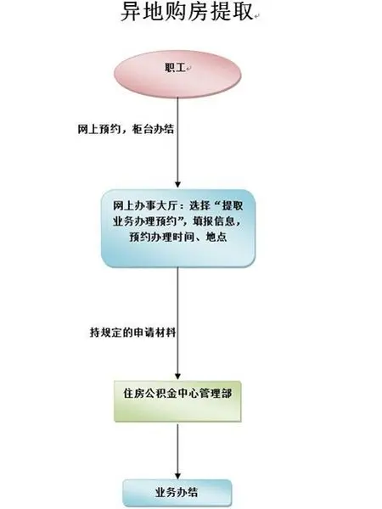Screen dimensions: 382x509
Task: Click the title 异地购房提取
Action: (187, 12)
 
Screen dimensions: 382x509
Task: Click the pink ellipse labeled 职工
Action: (177, 74)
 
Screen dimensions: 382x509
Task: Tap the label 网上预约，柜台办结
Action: (126, 129)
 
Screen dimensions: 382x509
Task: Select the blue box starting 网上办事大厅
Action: (178, 228)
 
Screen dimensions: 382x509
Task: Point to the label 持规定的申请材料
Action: (133, 333)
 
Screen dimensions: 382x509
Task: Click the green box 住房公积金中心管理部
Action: (177, 401)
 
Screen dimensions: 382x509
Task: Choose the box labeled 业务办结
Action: (177, 493)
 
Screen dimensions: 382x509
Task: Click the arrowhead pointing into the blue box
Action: (177, 184)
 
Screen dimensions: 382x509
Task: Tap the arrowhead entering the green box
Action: (177, 376)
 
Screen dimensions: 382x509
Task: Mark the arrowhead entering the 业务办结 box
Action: (177, 474)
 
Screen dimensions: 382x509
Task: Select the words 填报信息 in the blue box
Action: (214, 221)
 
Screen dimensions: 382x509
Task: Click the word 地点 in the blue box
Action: (216, 237)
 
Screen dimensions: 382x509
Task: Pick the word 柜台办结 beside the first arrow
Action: (153, 129)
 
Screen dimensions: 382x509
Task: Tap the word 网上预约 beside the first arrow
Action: (98, 129)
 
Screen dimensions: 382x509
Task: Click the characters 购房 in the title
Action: (187, 12)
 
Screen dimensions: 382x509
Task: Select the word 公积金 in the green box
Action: (161, 394)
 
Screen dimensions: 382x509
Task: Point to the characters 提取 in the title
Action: (231, 12)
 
